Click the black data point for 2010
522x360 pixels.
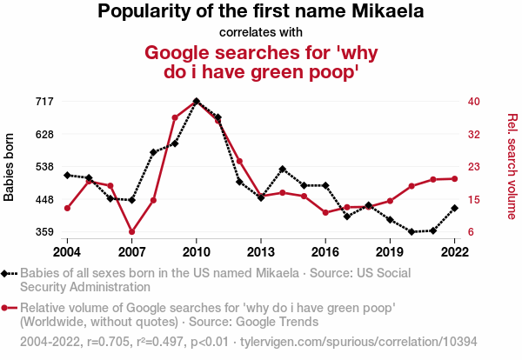(x=197, y=101)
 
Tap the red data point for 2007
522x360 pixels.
(x=132, y=232)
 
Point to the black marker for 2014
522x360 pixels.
(x=283, y=169)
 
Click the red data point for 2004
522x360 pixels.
(x=68, y=208)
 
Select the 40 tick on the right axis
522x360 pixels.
(x=474, y=102)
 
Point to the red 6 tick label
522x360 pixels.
(x=471, y=232)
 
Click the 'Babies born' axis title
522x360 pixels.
(x=10, y=167)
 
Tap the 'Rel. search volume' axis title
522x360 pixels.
(x=512, y=166)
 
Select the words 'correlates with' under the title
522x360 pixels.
(x=261, y=33)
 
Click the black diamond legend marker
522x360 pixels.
(x=7, y=274)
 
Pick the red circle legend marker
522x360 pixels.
(x=7, y=308)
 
